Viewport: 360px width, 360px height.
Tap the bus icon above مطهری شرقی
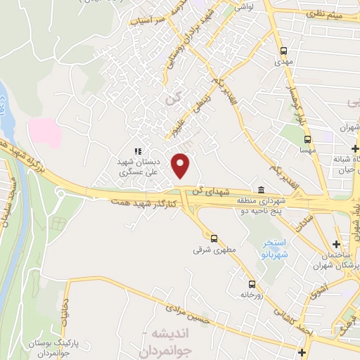pos(214,238)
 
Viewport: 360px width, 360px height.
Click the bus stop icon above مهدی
pos(284,51)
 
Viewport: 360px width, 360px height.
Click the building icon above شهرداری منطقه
pos(261,190)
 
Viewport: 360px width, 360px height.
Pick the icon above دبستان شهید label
pos(139,150)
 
